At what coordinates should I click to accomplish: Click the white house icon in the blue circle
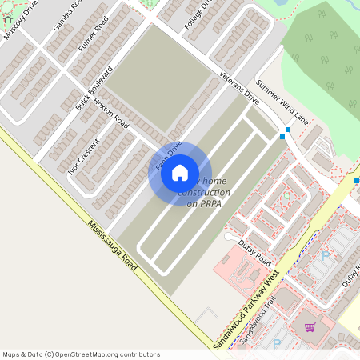[180, 172]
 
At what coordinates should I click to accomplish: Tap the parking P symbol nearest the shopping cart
[277, 344]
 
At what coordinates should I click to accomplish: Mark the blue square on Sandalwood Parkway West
[357, 181]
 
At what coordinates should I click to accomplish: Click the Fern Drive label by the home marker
[170, 154]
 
